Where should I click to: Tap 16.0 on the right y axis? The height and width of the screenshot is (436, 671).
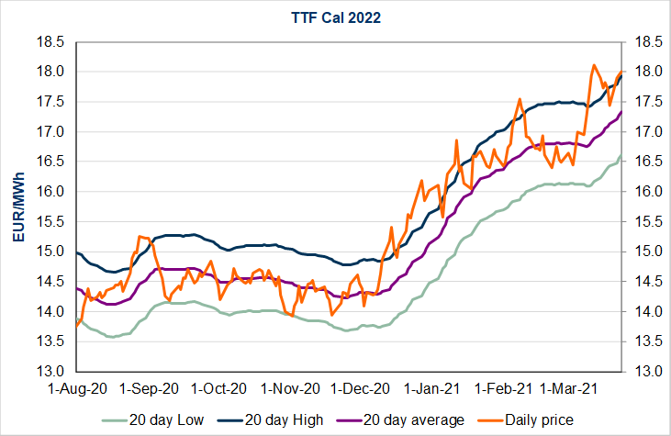click(641, 192)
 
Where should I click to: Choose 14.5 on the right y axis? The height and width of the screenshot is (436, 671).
click(641, 282)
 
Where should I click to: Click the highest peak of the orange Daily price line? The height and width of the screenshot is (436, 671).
click(594, 65)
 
